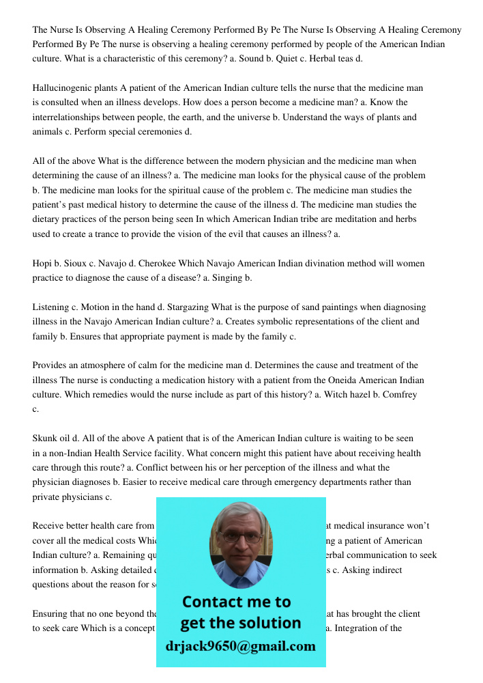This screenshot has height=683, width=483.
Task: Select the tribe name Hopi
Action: pyautogui.click(x=42, y=263)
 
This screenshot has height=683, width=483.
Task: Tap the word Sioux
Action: pyautogui.click(x=83, y=263)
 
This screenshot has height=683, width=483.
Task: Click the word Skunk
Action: pyautogui.click(x=45, y=438)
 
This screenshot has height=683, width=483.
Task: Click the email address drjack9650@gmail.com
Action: pyautogui.click(x=240, y=646)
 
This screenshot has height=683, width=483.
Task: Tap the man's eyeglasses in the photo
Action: pyautogui.click(x=241, y=536)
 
